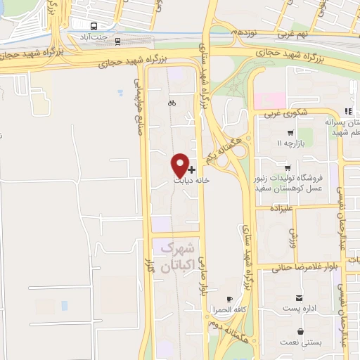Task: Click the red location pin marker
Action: click(180, 164)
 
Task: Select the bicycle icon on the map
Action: click(172, 103)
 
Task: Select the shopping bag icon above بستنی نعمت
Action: click(301, 331)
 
